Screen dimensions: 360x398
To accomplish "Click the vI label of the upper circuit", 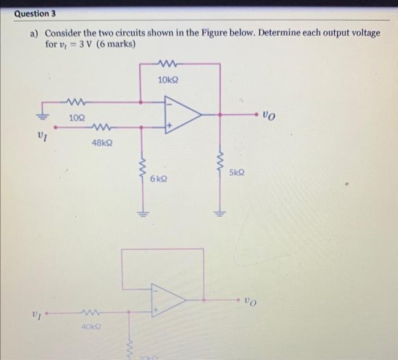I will click(42, 136).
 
